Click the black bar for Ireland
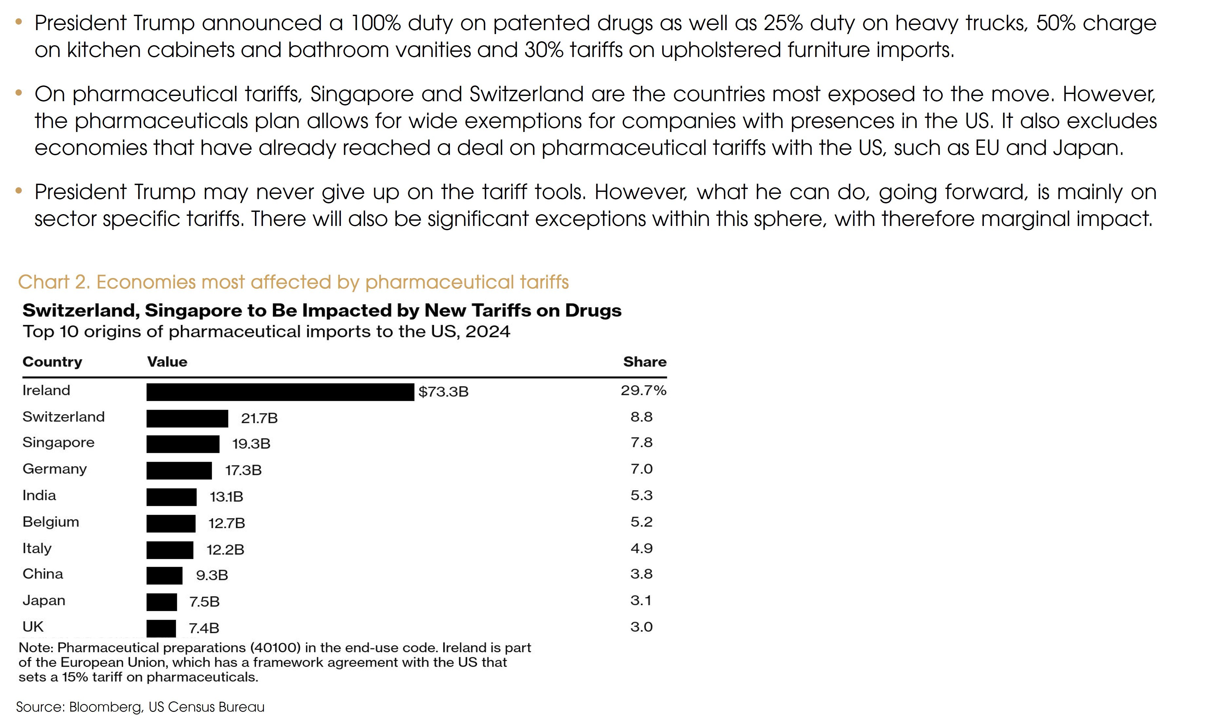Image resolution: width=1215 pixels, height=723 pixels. (280, 392)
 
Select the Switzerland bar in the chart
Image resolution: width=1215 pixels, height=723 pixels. (187, 418)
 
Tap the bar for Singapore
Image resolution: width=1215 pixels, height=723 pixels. (183, 444)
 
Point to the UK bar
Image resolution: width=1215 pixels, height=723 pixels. (161, 628)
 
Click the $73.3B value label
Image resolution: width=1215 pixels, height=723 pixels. (443, 392)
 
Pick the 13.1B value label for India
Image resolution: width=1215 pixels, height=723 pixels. (227, 496)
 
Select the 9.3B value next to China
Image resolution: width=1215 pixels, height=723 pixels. (212, 575)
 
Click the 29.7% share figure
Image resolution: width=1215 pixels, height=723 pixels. (643, 390)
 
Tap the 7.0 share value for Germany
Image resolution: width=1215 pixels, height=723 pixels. (641, 469)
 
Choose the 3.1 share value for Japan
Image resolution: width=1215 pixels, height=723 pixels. (641, 600)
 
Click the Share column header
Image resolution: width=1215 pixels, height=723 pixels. (645, 361)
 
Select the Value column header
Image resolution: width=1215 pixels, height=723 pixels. (167, 361)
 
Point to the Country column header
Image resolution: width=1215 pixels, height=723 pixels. (52, 361)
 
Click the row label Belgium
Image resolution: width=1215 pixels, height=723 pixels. (51, 522)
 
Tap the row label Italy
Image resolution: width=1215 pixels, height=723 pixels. (37, 548)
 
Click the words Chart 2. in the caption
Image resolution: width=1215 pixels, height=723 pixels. (54, 282)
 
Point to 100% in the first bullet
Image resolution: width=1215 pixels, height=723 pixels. (375, 23)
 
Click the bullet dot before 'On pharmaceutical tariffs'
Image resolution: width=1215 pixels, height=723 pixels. (19, 92)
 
